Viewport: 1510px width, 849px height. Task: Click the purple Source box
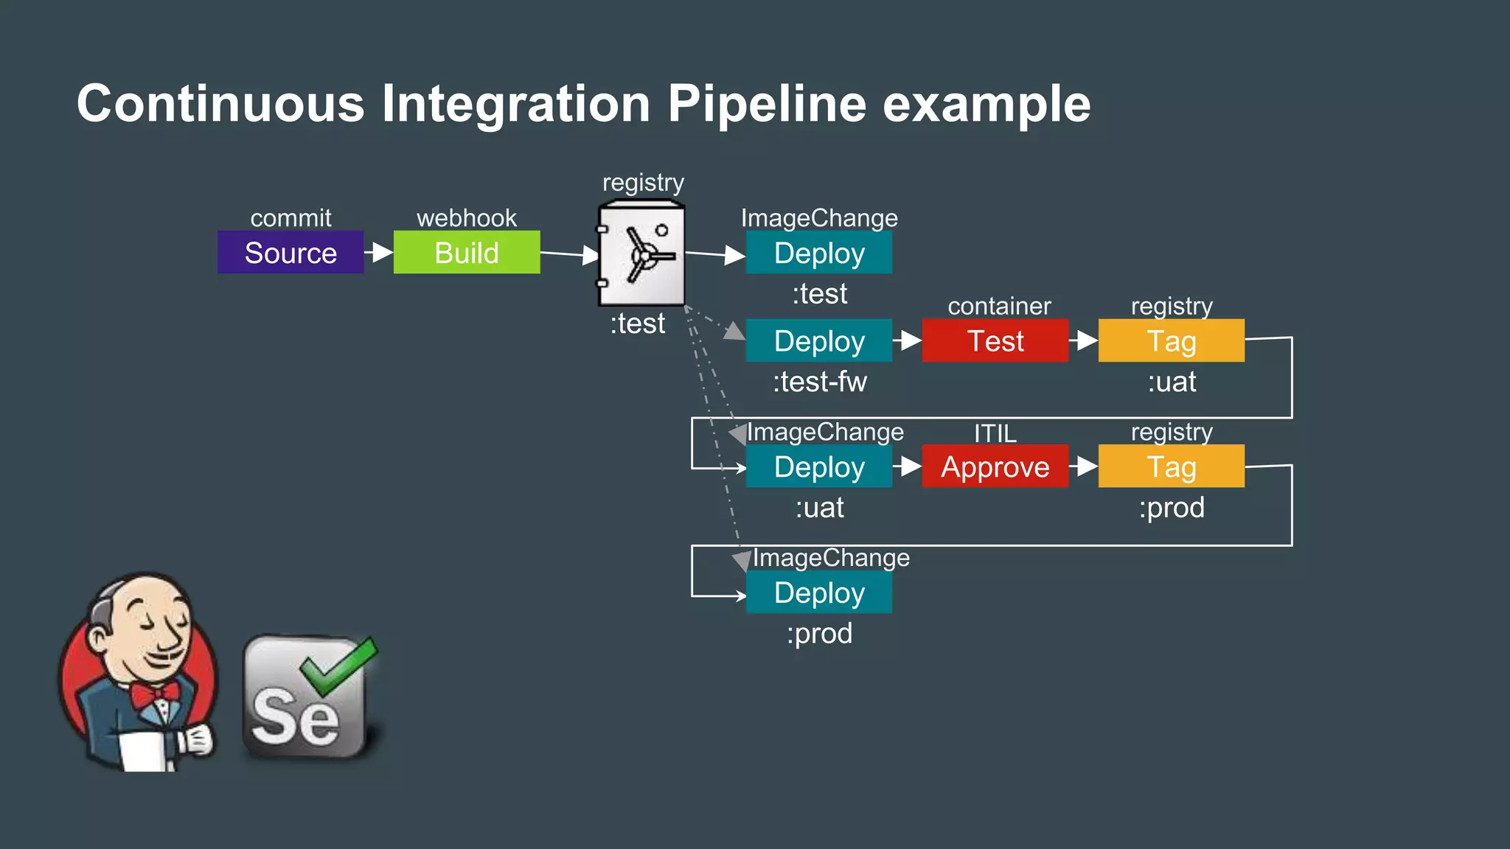(290, 252)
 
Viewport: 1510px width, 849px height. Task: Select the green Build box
(466, 252)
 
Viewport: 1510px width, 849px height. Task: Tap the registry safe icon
(641, 254)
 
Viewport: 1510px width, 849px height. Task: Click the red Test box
(995, 340)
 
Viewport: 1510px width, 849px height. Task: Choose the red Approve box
(995, 466)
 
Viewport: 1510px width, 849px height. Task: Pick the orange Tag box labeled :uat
(1171, 340)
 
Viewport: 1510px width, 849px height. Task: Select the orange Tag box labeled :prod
(1171, 466)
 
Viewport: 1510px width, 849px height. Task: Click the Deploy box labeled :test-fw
(818, 340)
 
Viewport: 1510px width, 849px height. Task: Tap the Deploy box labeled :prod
(818, 592)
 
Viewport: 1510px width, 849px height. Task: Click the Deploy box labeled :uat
(818, 466)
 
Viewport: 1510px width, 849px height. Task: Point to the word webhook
(466, 218)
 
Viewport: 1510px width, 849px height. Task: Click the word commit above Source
(290, 218)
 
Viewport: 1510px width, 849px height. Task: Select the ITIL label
(995, 433)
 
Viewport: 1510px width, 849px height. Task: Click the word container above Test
(999, 306)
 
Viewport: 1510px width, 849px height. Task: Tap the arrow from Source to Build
(379, 252)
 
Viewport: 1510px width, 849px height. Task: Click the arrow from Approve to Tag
(1083, 466)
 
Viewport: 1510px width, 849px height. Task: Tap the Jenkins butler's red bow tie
(155, 693)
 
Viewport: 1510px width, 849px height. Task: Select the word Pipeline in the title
(767, 103)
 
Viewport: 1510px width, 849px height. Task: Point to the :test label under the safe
(637, 324)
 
